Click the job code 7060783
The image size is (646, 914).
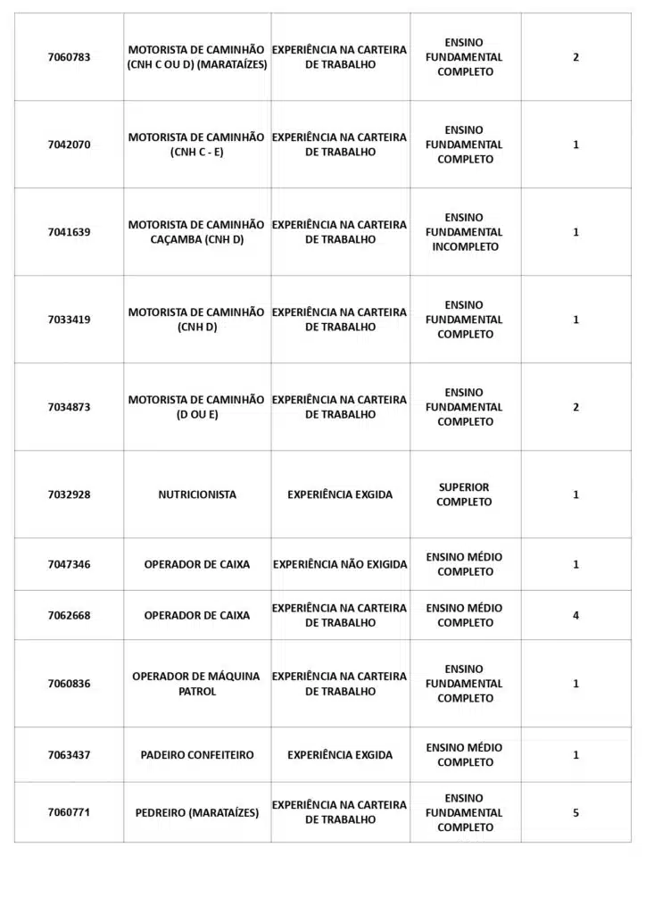[x=69, y=57]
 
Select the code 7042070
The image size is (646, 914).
[x=69, y=145]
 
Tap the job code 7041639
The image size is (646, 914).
[x=69, y=232]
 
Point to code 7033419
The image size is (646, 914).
[x=69, y=320]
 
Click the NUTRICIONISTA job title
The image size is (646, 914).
[x=197, y=494]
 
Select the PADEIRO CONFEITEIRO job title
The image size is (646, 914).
[x=197, y=755]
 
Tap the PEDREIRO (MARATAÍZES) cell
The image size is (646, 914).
[x=197, y=813]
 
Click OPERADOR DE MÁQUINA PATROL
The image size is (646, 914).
[x=197, y=684]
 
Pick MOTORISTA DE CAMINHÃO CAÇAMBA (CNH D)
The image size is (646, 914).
[x=197, y=232]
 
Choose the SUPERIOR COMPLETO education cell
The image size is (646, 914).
[x=464, y=494]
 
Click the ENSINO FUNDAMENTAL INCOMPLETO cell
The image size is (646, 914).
[x=464, y=232]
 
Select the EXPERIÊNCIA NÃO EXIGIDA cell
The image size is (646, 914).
[x=340, y=564]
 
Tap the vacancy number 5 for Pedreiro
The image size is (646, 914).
[x=576, y=813]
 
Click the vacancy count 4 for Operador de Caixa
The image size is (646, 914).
[x=576, y=615]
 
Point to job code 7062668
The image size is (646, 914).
[x=69, y=615]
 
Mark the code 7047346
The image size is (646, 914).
[x=69, y=564]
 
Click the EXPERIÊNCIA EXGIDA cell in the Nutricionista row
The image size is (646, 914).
[x=340, y=494]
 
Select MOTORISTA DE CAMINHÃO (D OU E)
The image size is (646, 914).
[x=197, y=407]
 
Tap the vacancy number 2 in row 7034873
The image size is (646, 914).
[x=576, y=407]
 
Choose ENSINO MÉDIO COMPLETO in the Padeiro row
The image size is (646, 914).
[x=464, y=755]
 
